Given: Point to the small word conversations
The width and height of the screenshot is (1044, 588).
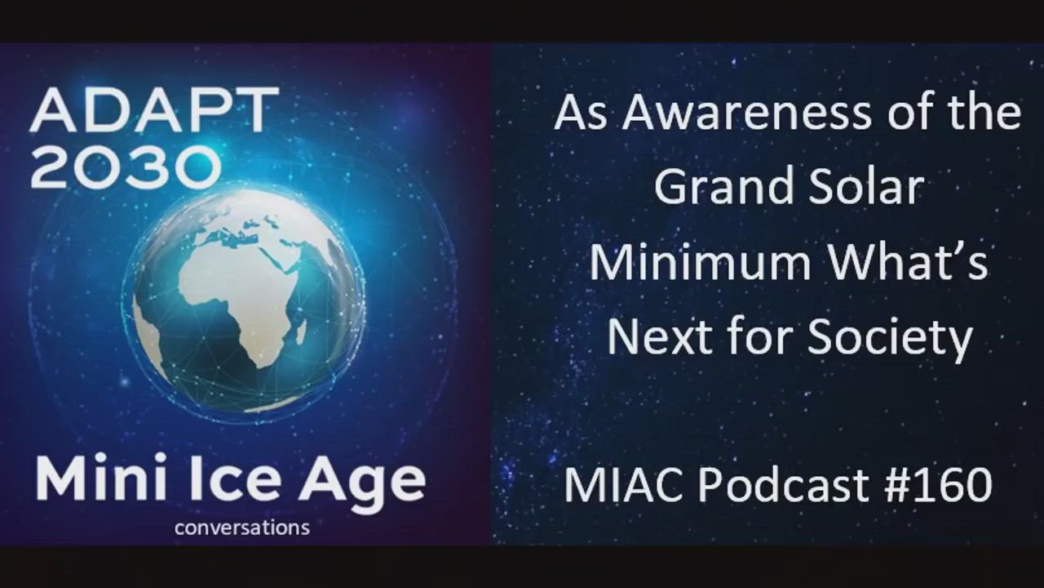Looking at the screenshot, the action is click(242, 528).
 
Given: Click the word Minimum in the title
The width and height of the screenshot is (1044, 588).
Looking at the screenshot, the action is click(700, 261).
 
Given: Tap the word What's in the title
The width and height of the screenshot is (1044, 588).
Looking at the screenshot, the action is click(907, 261).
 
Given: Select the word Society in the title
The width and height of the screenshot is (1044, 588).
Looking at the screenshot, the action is click(890, 340).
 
